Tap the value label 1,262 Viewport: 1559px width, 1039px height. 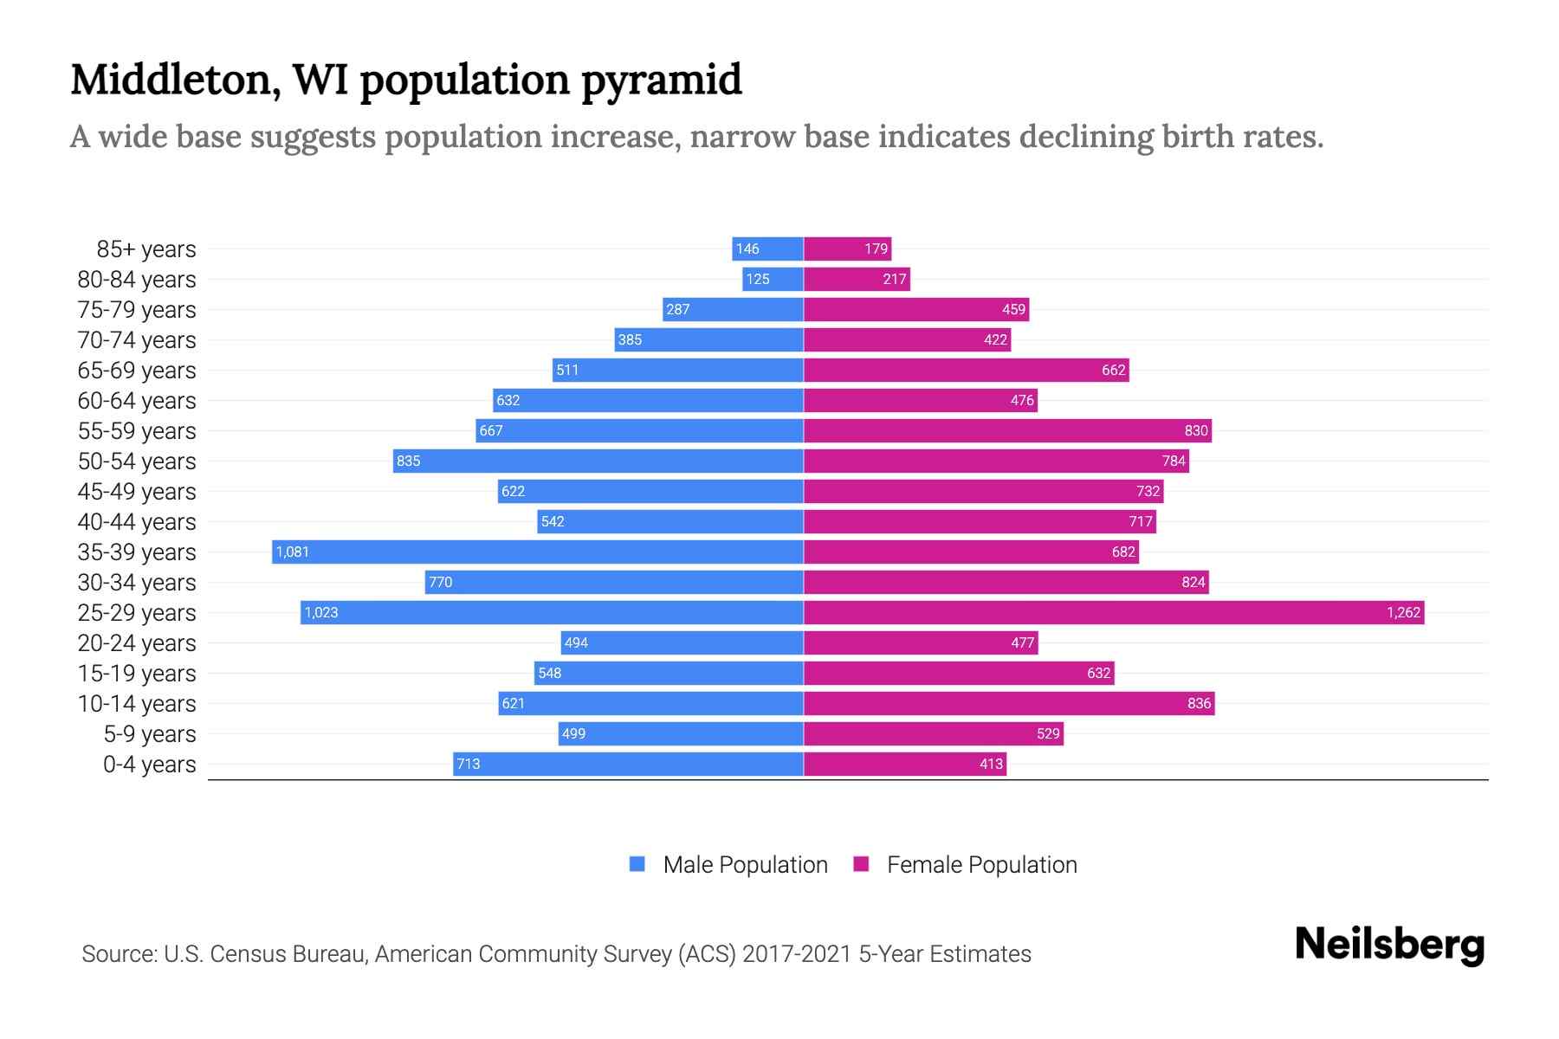tap(1403, 612)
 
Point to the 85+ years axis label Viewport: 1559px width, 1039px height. tap(146, 249)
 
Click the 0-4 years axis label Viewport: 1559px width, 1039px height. tap(149, 765)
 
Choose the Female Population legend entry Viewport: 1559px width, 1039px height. tap(966, 864)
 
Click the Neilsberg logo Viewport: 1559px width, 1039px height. tap(1389, 944)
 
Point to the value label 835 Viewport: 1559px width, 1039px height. tap(408, 461)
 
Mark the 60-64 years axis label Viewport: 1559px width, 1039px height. tap(137, 401)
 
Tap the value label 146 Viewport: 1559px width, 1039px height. tap(747, 249)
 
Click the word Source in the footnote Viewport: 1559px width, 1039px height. tap(119, 954)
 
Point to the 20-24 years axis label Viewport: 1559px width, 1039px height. tap(137, 643)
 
